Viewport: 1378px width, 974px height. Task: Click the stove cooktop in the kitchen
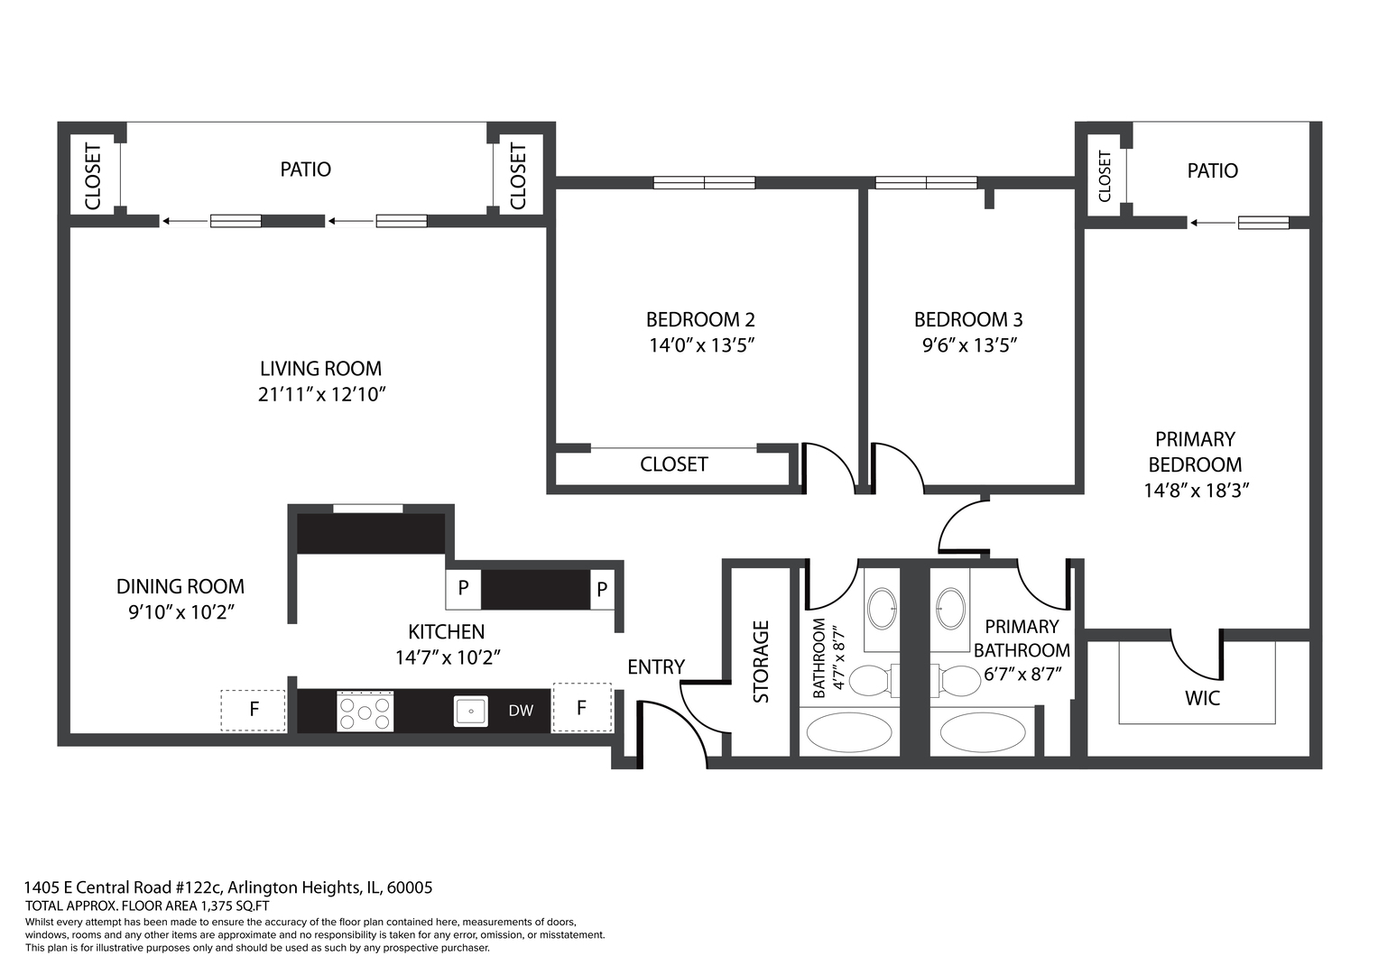(365, 712)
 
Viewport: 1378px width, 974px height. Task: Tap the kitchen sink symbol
(470, 711)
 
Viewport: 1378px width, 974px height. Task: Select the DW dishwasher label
(521, 711)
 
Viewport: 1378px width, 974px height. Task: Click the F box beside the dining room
(254, 710)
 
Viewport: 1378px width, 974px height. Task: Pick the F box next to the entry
(581, 708)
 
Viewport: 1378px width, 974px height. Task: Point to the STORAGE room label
(761, 661)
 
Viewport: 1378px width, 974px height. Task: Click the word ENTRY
(656, 667)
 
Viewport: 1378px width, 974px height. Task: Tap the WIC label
(1202, 698)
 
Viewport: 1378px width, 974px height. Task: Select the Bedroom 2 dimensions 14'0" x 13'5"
(701, 345)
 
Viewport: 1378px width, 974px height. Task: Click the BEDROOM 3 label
(968, 319)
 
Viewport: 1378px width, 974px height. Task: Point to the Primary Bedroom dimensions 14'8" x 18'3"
(1196, 491)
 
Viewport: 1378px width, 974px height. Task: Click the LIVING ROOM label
(320, 369)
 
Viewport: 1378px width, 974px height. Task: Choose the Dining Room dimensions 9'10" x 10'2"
(180, 612)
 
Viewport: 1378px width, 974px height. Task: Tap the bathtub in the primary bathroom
(982, 732)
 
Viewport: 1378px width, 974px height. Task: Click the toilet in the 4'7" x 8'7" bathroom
(870, 681)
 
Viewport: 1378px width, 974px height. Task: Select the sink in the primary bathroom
(949, 608)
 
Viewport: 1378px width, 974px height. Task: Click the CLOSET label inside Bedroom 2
(673, 464)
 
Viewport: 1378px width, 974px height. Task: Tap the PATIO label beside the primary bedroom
(1212, 170)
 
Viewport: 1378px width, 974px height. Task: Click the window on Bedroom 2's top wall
(704, 183)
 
